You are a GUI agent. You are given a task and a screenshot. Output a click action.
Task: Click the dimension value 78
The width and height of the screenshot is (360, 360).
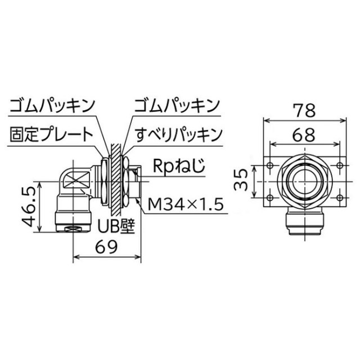click(304, 110)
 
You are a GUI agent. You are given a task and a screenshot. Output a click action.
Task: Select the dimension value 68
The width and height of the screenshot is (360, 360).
click(304, 135)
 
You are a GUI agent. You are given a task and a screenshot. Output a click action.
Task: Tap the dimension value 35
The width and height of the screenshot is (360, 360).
click(241, 180)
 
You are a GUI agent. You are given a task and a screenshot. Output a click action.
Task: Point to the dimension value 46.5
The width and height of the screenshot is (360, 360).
click(29, 206)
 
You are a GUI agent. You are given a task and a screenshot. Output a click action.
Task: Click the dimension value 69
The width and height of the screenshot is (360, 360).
click(106, 247)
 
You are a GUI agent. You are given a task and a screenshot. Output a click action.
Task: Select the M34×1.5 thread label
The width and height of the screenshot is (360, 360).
click(186, 205)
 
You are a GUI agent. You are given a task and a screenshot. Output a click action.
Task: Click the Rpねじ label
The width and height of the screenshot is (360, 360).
click(179, 166)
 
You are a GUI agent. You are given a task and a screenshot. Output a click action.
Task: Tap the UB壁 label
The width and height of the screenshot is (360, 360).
click(116, 226)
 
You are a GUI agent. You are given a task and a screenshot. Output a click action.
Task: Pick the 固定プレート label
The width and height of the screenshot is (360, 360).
click(51, 134)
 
